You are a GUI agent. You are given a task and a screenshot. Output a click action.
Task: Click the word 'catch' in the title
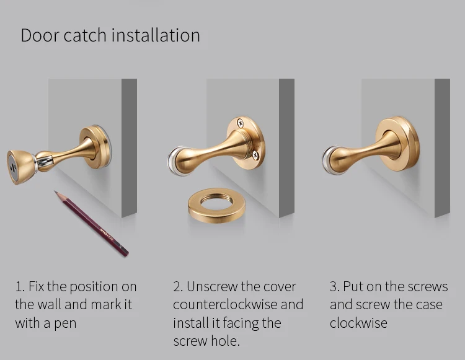85,35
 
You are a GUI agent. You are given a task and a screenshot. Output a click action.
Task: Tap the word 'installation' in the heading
156,35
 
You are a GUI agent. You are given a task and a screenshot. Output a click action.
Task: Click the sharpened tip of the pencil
55,191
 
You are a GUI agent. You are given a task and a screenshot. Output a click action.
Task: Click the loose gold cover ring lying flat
216,205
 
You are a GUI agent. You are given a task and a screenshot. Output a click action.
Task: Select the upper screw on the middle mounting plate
241,123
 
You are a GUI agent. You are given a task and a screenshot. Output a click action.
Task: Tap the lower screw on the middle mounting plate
255,155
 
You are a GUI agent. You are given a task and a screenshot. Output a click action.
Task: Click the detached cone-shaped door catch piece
20,167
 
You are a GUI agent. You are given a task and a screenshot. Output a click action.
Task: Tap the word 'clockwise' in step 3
358,323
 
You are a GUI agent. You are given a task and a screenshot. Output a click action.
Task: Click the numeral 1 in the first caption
18,286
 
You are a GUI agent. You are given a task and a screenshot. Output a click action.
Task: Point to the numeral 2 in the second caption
177,286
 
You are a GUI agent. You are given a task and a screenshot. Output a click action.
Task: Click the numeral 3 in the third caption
334,286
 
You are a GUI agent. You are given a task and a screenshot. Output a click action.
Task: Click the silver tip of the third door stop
327,160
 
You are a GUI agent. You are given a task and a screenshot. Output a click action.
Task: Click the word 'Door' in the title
40,35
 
